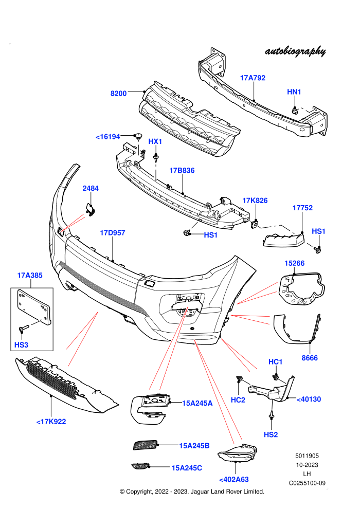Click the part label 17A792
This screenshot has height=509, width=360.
253,78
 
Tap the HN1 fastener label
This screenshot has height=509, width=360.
294,92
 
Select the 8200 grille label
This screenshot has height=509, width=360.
118,94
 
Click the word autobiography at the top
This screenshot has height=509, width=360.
295,51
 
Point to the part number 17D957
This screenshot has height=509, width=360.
112,233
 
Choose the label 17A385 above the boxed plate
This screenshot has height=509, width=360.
30,275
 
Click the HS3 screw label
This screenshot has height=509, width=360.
22,345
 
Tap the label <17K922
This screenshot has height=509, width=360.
51,422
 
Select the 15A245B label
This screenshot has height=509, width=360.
194,446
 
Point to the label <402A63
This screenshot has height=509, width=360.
234,480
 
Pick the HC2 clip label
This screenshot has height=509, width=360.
238,400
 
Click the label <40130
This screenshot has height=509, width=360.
309,399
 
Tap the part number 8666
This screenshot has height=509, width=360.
310,358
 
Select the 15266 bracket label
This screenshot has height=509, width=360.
294,263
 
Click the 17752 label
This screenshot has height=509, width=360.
302,208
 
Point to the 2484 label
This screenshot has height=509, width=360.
91,188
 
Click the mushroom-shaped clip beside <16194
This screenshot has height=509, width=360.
139,136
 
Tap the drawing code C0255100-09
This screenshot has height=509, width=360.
307,483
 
